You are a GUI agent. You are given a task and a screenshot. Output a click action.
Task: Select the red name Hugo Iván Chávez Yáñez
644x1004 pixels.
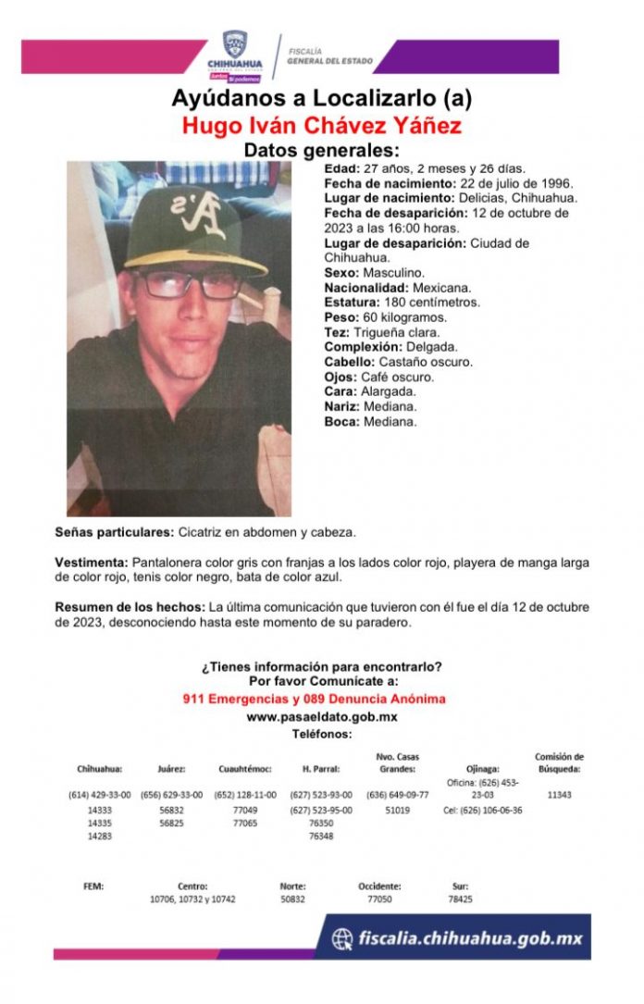(322, 125)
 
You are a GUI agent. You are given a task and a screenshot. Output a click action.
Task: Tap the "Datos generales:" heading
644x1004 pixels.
(321, 150)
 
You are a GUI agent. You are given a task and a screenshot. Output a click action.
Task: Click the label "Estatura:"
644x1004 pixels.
(352, 302)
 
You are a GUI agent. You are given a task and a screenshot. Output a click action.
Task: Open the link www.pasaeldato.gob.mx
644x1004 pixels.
(321, 716)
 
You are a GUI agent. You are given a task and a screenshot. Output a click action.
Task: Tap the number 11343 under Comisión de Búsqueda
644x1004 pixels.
(559, 794)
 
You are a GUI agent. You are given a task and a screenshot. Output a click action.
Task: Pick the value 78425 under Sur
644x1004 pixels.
(460, 899)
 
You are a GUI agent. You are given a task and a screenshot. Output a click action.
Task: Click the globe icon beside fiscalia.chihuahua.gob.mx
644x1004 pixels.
(343, 938)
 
